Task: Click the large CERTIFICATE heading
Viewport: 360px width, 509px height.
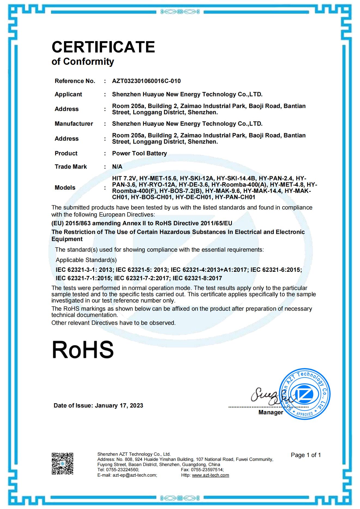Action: point(103,47)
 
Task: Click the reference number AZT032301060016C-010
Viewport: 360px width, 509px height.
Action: point(146,81)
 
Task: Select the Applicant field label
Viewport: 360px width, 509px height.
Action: point(68,94)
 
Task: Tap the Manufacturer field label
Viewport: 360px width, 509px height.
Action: point(74,124)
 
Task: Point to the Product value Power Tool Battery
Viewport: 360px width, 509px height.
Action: point(139,153)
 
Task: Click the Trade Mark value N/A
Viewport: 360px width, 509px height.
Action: point(117,167)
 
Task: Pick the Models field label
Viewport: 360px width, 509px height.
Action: point(65,188)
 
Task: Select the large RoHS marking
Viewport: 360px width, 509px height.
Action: point(83,350)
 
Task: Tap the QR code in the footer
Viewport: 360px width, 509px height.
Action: point(63,464)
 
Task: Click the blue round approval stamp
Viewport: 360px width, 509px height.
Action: point(304,395)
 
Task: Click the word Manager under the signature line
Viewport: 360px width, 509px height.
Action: point(271,412)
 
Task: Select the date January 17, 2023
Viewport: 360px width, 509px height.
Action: point(119,406)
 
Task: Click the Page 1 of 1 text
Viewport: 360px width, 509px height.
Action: point(306,455)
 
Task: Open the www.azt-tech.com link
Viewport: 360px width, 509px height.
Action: point(210,475)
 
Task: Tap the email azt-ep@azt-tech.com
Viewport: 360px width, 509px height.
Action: point(135,475)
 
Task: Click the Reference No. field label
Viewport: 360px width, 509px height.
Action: point(75,81)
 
